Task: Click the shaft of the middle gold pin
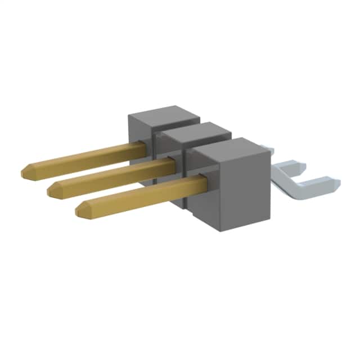112,174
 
